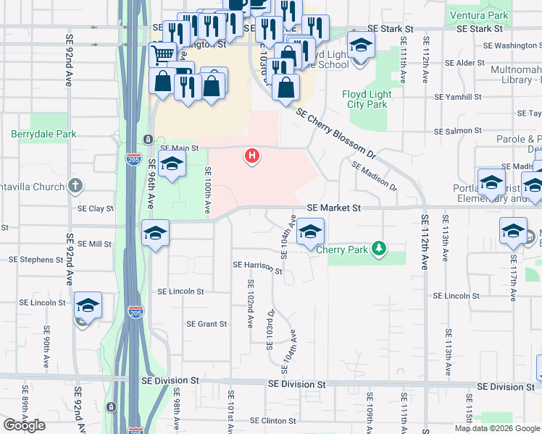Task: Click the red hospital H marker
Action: (x=252, y=155)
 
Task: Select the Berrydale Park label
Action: (x=40, y=134)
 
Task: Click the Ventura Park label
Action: (x=499, y=14)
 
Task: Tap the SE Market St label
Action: (x=333, y=208)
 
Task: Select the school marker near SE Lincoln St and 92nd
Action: (x=88, y=305)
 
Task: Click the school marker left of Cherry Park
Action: (x=310, y=231)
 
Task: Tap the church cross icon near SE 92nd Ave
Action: (x=75, y=187)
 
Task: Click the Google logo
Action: (x=24, y=425)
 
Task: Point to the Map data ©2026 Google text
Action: (x=497, y=428)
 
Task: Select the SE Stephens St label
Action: (x=36, y=259)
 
